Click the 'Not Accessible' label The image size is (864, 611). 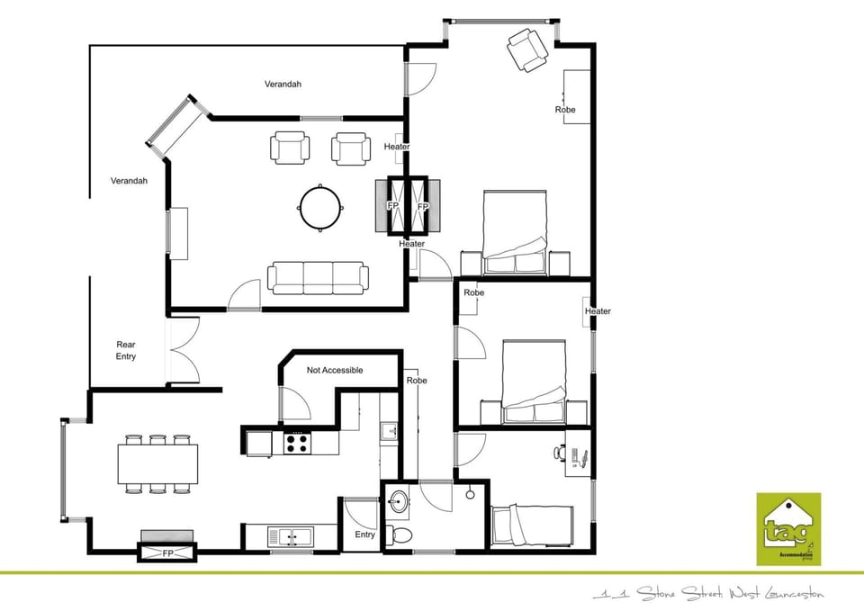coord(335,370)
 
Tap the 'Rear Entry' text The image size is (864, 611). coord(126,351)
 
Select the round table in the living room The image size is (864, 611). coord(319,207)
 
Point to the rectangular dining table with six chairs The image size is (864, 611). coord(158,464)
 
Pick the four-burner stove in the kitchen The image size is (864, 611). coord(298,442)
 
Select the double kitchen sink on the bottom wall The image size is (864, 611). coord(289,537)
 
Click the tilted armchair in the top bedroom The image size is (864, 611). coord(526,49)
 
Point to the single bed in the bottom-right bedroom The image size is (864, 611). coord(532,524)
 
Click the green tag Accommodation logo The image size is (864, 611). coord(789,528)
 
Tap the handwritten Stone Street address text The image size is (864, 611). coord(707,594)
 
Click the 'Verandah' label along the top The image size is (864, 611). coord(283,85)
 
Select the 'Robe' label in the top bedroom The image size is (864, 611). coord(564,110)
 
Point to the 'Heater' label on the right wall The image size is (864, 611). coord(598,311)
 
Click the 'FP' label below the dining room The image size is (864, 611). coord(167,552)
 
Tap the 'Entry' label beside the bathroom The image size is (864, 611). coord(364,535)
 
